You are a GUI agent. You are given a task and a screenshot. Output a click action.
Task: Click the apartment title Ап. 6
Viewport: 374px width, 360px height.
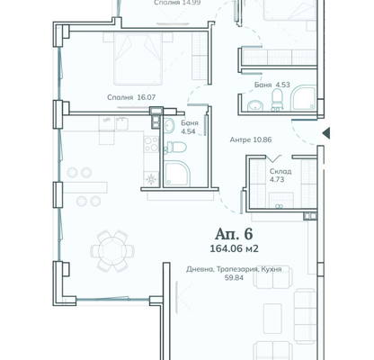[x=234, y=234]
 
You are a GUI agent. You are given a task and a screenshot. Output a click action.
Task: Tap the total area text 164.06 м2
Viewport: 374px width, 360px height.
[x=234, y=248]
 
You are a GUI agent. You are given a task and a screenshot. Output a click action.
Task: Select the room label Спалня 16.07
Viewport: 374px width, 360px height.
[x=131, y=97]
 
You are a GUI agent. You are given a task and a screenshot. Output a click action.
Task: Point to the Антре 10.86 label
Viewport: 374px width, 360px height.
[x=251, y=139]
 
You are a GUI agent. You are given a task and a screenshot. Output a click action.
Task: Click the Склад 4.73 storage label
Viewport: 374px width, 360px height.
[x=280, y=175]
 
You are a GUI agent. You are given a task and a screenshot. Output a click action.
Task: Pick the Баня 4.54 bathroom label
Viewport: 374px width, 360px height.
[x=190, y=127]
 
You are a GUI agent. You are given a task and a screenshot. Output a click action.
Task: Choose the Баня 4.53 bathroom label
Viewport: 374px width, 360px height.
[x=272, y=85]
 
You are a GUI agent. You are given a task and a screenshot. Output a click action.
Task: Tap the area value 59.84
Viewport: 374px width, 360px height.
[x=234, y=278]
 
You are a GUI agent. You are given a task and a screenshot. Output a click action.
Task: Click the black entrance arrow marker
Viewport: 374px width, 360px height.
[x=326, y=133]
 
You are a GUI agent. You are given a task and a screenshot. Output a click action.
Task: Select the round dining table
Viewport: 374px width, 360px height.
[x=112, y=251]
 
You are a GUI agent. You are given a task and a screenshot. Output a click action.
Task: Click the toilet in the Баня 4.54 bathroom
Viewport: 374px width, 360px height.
[x=175, y=148]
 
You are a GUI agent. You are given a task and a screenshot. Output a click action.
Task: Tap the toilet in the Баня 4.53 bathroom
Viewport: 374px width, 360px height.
[x=277, y=99]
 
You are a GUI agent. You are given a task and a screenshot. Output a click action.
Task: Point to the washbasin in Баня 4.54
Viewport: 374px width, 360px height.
[x=169, y=125]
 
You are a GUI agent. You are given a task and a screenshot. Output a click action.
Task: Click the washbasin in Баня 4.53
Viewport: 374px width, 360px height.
[x=255, y=105]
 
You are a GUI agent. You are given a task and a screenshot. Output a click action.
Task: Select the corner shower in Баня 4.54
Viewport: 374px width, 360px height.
[x=176, y=174]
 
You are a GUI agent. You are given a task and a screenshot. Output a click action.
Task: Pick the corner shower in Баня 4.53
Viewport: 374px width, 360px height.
[x=304, y=98]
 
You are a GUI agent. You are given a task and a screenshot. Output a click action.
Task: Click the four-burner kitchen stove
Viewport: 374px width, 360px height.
[x=151, y=144]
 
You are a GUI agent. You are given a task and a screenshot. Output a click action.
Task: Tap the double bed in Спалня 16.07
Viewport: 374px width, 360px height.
[x=138, y=58]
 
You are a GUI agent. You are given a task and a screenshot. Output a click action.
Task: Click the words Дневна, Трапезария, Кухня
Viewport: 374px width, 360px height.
[x=234, y=269]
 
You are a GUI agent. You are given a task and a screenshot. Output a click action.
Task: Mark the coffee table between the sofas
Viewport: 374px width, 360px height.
[x=272, y=319]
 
